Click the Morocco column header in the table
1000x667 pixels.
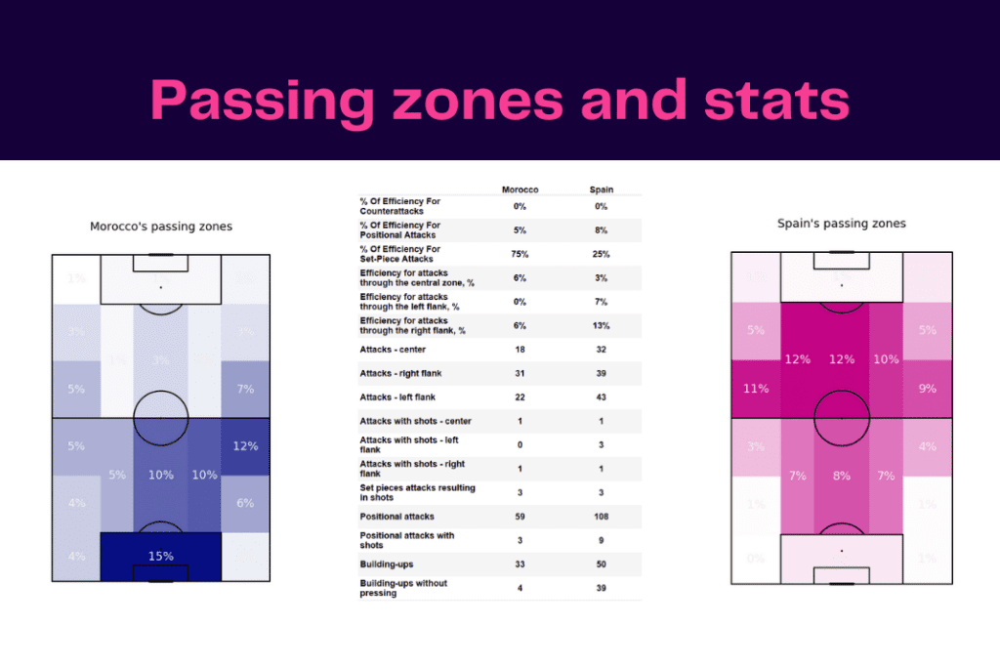click(x=520, y=189)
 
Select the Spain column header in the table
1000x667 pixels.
click(x=602, y=189)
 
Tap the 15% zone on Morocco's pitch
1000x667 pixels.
click(x=161, y=556)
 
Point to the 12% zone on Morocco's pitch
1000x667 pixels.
click(x=245, y=446)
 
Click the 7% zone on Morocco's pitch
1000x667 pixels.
click(x=245, y=389)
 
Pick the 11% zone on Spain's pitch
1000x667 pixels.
click(x=756, y=388)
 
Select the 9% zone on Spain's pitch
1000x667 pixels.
click(x=927, y=388)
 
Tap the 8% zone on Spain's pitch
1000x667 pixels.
click(x=841, y=476)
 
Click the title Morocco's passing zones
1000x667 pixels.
click(x=161, y=227)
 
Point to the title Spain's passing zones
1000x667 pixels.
click(x=841, y=224)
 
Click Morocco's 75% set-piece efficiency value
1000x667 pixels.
click(x=520, y=254)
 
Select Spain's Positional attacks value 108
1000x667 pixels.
click(x=602, y=516)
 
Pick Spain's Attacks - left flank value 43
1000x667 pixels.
click(x=602, y=396)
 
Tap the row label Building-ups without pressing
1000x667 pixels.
click(x=403, y=588)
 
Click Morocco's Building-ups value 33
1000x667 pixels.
click(x=520, y=563)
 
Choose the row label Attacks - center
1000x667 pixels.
click(x=392, y=349)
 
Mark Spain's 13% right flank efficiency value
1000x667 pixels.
click(x=602, y=325)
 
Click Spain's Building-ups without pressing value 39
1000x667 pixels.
click(x=602, y=588)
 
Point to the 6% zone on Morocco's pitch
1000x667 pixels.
click(x=245, y=503)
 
